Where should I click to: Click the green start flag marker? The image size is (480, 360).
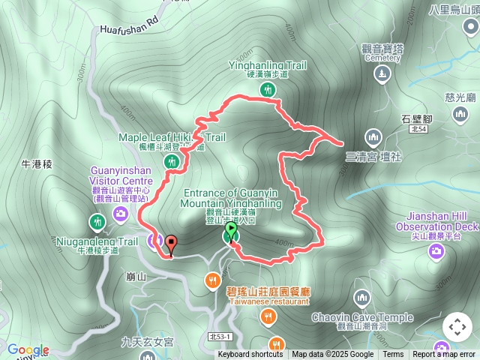coord(231,229)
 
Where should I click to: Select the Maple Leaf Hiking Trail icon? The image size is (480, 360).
coord(172,161)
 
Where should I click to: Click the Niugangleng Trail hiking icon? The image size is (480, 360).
coord(97,222)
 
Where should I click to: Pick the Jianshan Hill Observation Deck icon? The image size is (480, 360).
coord(436,251)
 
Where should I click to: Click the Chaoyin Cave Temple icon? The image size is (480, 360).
coord(362,299)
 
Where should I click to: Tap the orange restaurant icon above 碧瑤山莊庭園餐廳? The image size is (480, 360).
coord(214,280)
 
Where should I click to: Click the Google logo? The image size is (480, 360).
coord(28,349)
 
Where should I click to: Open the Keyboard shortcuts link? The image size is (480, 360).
coord(251,355)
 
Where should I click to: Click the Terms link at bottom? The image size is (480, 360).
coord(393,355)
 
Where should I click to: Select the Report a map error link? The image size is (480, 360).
coord(444,355)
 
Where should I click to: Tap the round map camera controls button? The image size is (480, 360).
coord(457,327)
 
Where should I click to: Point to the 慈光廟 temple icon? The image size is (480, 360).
coord(460,113)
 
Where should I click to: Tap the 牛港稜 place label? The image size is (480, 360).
coord(37,163)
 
